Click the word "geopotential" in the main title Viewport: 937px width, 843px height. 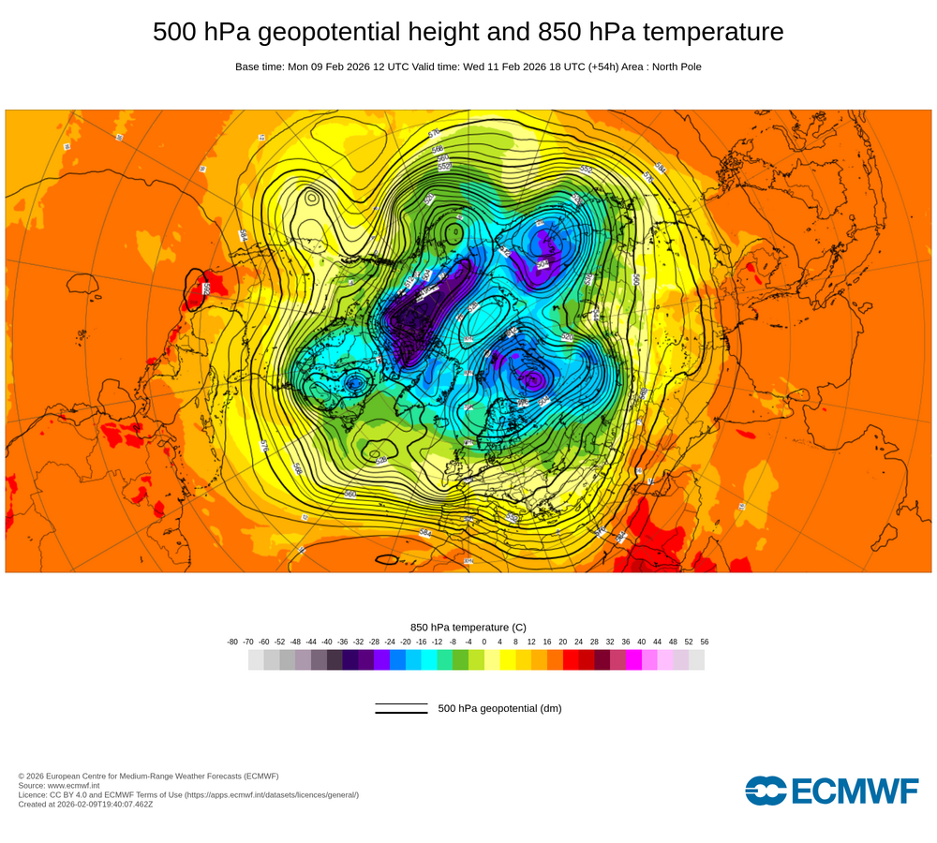(314, 32)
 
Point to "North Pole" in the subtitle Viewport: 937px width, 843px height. (670, 67)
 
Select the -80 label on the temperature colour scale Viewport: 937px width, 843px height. (232, 642)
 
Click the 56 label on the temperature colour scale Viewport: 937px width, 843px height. (704, 642)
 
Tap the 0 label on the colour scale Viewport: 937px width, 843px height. (484, 642)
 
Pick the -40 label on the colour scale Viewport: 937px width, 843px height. (327, 642)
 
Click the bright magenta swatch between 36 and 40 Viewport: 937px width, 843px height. (633, 660)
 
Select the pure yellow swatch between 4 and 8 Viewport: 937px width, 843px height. (508, 660)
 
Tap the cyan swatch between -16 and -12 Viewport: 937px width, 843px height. (429, 660)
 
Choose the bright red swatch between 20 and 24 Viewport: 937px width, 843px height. (571, 660)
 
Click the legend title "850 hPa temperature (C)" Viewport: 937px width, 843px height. (468, 627)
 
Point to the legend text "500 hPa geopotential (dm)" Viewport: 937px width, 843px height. (499, 708)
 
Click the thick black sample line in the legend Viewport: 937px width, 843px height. (401, 712)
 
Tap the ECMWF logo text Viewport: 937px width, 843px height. (855, 791)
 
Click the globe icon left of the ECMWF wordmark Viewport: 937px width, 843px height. (766, 791)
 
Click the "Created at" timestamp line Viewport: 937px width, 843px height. (85, 804)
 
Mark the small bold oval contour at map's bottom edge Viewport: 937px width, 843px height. (386, 560)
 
